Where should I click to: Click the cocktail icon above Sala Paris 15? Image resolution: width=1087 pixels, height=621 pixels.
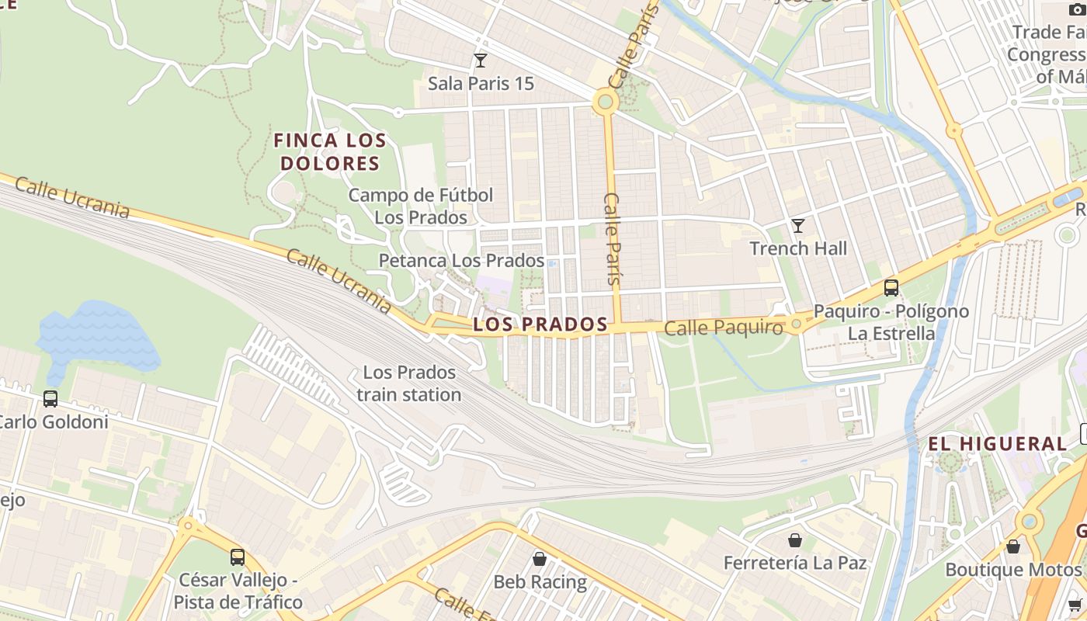point(481,60)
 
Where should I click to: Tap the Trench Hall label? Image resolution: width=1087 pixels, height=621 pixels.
point(798,248)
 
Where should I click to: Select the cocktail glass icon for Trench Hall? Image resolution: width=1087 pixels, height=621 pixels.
point(797,226)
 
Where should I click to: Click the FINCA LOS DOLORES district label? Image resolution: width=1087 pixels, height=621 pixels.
point(330,152)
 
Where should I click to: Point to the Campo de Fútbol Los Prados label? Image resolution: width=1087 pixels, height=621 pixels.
point(420,206)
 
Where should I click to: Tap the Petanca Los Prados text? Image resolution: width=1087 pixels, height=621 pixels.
point(461,261)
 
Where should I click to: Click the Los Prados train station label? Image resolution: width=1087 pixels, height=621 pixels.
point(409,383)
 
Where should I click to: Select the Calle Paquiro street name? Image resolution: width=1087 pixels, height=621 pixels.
point(724,328)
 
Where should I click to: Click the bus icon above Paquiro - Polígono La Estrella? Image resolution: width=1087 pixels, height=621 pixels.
point(891,288)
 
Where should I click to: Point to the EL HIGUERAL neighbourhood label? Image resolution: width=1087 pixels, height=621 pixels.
point(998,444)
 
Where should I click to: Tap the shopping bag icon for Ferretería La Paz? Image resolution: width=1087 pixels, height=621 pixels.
point(795,539)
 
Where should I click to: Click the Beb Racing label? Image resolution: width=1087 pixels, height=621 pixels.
point(540,581)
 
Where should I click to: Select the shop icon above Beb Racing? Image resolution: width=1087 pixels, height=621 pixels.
point(540,558)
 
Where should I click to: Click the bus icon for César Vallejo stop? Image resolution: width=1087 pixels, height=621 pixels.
point(238,557)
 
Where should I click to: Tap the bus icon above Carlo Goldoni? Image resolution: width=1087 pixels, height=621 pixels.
point(50,399)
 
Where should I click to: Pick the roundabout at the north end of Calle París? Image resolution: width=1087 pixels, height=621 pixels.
point(605,102)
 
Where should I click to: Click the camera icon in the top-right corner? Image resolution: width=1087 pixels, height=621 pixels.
point(1075,9)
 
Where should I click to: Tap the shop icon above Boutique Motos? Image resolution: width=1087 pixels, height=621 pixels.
point(1013,546)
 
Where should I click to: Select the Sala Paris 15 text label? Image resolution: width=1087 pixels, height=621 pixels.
point(481,83)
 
